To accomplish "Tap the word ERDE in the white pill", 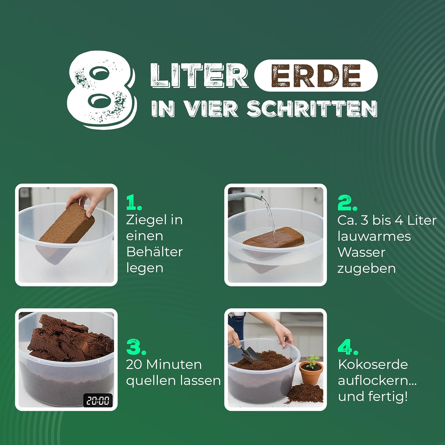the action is coord(316,76).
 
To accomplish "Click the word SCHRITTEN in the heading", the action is coord(312,109).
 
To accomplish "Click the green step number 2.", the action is coord(347,203).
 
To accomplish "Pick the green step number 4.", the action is coord(348,347).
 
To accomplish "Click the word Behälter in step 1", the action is coord(154,252).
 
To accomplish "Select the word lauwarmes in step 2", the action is coord(374,236).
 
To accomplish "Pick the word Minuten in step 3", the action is coord(174,365).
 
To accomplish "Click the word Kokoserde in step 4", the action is coord(373,364).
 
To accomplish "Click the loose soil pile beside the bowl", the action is coord(306,393).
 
